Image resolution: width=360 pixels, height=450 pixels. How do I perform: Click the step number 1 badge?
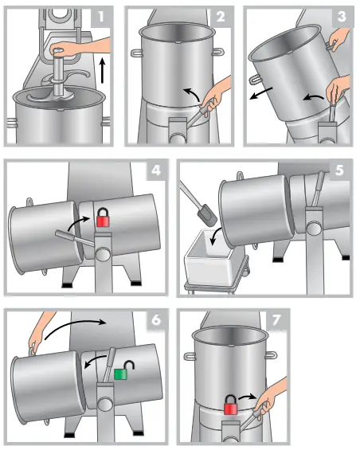100,17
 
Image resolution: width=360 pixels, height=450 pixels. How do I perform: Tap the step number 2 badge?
221,17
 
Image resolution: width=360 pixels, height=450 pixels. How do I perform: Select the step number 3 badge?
341,17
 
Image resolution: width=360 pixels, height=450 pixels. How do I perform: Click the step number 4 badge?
156,170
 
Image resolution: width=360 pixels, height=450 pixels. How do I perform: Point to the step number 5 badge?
339,170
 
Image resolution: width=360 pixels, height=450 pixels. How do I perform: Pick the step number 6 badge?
156,320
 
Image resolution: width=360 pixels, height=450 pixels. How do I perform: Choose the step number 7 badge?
276,320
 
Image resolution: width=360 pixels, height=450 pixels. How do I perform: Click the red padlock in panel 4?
103,217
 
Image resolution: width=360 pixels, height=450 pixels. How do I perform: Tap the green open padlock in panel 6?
124,370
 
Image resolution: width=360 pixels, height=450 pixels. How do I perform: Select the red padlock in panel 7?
231,405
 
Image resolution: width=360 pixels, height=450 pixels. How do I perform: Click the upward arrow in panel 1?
103,71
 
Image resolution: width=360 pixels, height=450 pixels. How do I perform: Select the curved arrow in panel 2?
191,93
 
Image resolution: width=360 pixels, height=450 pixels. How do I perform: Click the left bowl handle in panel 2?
136,53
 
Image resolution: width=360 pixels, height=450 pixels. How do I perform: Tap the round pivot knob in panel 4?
103,254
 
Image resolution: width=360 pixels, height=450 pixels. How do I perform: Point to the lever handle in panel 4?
75,238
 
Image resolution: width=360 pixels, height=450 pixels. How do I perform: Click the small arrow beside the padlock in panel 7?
247,397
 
